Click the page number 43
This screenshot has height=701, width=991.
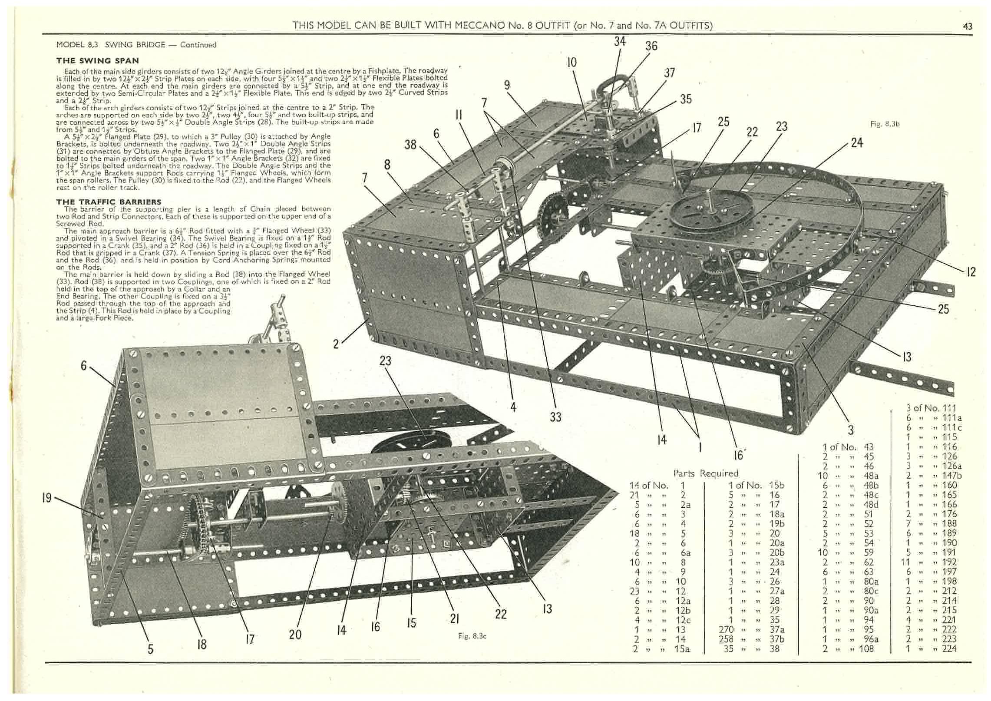(968, 26)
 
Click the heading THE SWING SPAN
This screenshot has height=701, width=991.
(98, 61)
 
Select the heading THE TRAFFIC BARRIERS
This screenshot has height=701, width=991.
(109, 202)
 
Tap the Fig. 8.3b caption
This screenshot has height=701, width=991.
(885, 124)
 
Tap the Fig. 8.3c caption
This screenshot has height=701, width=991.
(472, 636)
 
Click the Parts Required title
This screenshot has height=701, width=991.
(706, 473)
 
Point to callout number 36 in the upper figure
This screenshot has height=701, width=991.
(651, 46)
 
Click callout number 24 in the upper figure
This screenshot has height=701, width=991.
(856, 142)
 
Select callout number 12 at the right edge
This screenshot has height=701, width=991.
(971, 272)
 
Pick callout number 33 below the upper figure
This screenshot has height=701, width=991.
(555, 417)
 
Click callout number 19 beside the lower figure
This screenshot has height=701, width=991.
(47, 498)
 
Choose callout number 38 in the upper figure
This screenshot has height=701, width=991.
(410, 144)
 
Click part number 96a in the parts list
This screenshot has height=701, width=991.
(870, 639)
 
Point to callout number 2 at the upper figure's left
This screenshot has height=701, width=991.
(336, 344)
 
